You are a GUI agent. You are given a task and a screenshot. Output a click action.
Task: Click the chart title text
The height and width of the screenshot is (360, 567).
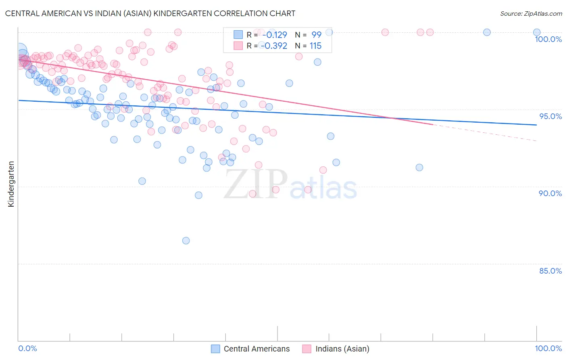pos(150,13)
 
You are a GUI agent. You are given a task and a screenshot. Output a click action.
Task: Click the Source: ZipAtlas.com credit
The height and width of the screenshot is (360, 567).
pos(531,13)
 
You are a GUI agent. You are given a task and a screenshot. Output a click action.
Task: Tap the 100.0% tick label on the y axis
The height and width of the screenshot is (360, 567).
pos(548,39)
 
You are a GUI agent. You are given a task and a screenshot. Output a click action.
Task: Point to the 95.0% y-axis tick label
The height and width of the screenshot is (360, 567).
pos(550,116)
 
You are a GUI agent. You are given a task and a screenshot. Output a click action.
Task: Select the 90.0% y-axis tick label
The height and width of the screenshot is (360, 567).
pos(550,193)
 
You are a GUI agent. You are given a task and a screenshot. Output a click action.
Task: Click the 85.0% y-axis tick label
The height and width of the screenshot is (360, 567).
pos(550,271)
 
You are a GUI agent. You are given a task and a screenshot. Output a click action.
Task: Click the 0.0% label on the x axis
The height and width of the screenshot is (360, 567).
pos(27,348)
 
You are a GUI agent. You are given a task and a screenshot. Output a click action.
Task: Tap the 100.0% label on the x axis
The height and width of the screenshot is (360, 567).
pos(548,348)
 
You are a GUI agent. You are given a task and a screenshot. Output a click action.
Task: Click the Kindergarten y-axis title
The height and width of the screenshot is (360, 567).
pos(11,184)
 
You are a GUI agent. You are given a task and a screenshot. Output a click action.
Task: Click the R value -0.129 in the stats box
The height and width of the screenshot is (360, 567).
pos(275,35)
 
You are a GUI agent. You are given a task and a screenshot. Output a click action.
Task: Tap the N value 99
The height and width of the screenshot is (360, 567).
pos(316,35)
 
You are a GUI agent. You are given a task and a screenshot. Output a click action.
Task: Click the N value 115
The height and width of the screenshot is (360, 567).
pos(315,46)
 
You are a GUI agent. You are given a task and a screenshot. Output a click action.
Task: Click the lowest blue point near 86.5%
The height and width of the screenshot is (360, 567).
pos(186,241)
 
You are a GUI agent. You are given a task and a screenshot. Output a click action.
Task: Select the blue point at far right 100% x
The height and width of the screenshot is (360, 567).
pos(537,32)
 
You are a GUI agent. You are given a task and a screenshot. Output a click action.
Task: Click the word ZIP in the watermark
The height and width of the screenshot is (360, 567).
pos(256,184)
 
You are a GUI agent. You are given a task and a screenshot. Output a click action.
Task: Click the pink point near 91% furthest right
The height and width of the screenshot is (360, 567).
pos(323,170)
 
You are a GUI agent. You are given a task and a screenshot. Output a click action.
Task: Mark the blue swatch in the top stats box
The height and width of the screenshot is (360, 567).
pos(238,35)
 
